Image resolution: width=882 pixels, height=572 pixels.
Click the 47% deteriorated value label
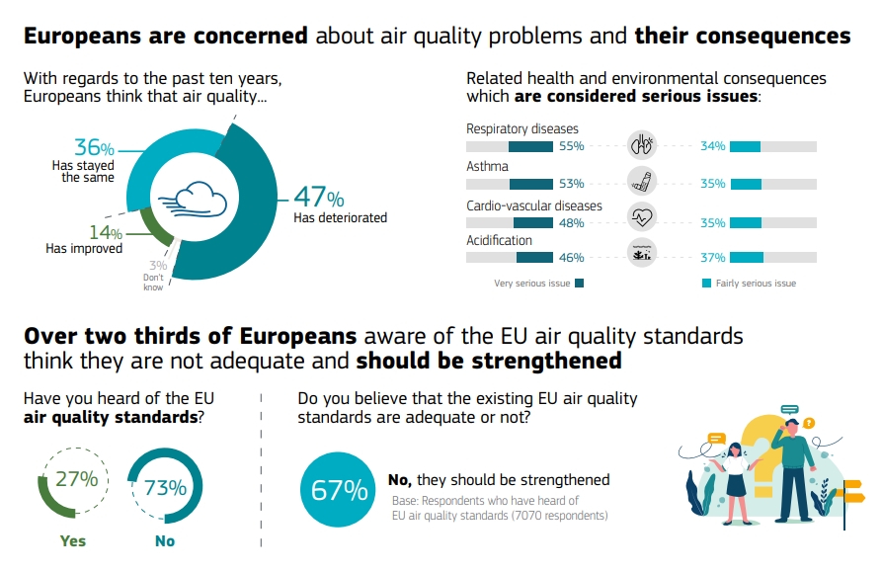pyautogui.click(x=318, y=197)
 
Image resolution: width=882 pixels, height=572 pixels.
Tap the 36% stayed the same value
pyautogui.click(x=95, y=148)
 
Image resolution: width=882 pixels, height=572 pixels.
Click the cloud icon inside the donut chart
pyautogui.click(x=195, y=197)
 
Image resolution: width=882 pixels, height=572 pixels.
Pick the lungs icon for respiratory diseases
pyautogui.click(x=643, y=146)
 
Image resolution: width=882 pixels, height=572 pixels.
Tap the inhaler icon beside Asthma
pyautogui.click(x=643, y=182)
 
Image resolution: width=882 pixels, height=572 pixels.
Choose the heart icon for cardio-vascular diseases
pyautogui.click(x=643, y=216)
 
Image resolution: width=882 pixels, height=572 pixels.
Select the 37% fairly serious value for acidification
pyautogui.click(x=713, y=258)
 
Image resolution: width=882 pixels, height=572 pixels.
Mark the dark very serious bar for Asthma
pyautogui.click(x=530, y=184)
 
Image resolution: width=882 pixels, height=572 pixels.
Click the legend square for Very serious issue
pyautogui.click(x=579, y=284)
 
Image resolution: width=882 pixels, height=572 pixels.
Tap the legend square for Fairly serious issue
pyautogui.click(x=707, y=284)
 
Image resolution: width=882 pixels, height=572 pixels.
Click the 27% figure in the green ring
pyautogui.click(x=76, y=480)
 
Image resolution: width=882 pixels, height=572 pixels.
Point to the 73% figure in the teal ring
pyautogui.click(x=165, y=487)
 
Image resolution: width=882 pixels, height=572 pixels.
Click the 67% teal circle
pyautogui.click(x=338, y=490)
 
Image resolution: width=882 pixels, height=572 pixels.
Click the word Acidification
pyautogui.click(x=499, y=240)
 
